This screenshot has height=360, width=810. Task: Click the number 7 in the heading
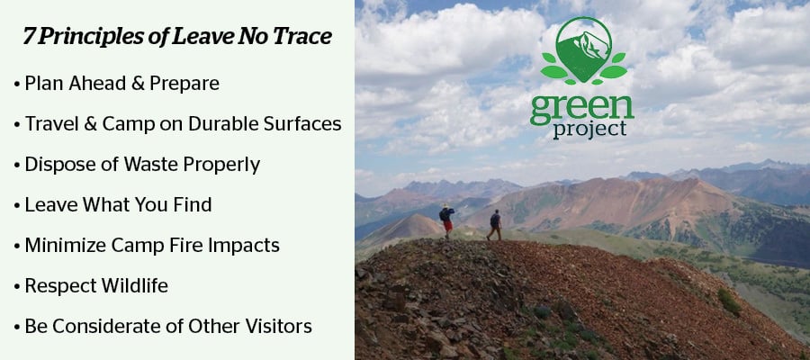point(29,36)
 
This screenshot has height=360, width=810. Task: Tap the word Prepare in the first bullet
point(184,84)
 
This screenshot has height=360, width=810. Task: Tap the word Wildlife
point(134,285)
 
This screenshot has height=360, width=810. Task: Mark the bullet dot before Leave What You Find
point(17,205)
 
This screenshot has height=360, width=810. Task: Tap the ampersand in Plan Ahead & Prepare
point(138,84)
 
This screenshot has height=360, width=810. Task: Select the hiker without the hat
point(494,225)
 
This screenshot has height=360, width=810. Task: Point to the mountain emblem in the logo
point(584,50)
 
